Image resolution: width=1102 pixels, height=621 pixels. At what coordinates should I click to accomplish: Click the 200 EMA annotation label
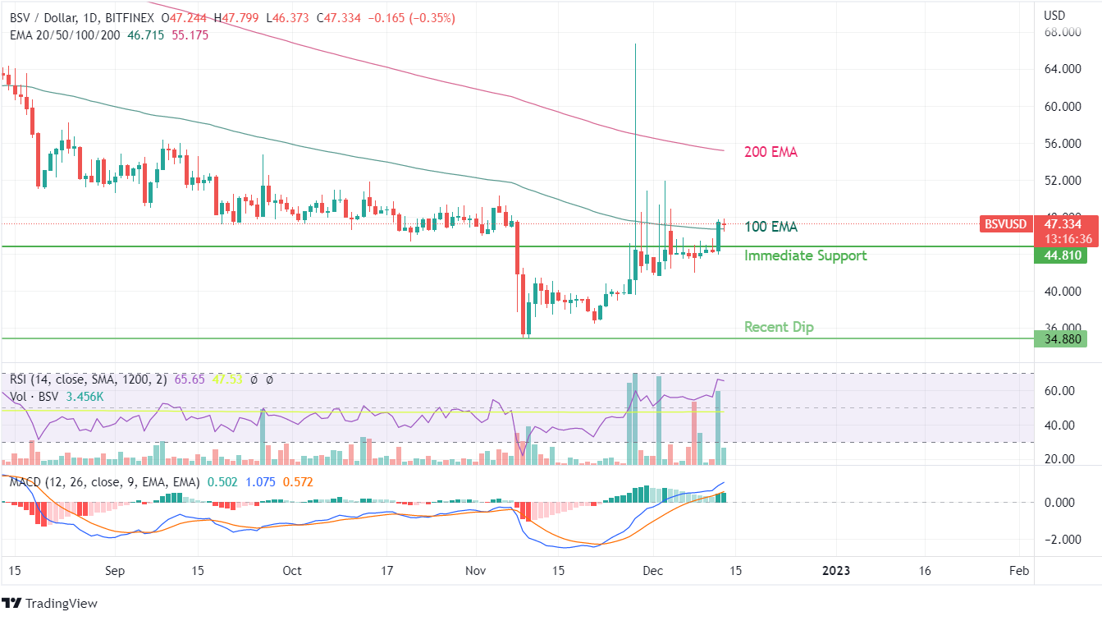770,152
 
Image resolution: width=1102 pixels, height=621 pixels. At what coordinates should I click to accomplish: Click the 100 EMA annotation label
770,227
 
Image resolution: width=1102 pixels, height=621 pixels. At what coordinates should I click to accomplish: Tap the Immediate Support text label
805,255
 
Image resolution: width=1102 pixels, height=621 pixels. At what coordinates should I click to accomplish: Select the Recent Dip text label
779,327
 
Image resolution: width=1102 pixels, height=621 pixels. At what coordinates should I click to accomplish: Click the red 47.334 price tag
1062,223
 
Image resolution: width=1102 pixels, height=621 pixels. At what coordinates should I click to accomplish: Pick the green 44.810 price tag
1062,255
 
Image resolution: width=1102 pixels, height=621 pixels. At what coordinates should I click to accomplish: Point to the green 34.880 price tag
1062,338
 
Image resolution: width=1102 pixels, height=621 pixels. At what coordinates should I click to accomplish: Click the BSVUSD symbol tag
1005,224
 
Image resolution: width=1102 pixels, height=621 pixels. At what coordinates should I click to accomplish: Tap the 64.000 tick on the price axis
1060,69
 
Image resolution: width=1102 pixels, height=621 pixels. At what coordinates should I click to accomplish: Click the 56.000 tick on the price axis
1060,143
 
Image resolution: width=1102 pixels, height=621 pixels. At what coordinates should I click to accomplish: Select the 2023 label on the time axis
836,571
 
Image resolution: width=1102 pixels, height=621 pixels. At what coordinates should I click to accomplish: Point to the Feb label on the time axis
1018,571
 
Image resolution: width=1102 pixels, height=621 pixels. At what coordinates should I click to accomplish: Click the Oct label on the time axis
291,571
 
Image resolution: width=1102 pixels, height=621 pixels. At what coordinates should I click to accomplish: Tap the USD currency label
1054,16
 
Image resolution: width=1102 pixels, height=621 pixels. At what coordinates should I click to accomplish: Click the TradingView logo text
61,604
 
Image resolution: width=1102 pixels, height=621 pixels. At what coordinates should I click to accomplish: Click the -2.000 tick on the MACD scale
1058,540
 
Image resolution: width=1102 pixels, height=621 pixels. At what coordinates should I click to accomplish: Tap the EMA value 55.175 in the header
190,35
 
